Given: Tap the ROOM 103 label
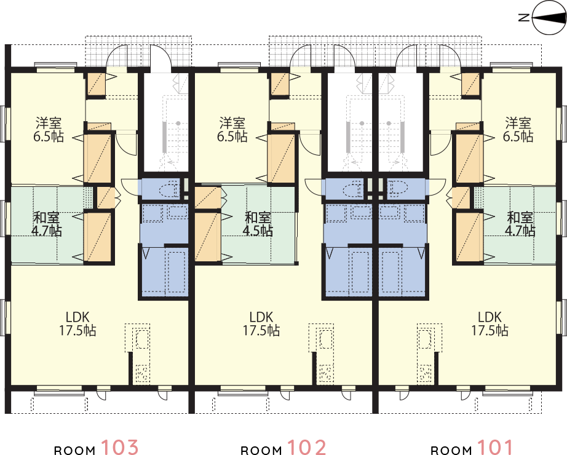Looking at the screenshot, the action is pyautogui.click(x=96, y=448).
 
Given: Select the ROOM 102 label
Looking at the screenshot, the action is pyautogui.click(x=283, y=448).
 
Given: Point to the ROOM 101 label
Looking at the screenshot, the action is pyautogui.click(x=472, y=448).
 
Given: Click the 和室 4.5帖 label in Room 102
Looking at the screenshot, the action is pyautogui.click(x=258, y=224).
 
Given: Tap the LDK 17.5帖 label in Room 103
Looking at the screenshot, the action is pyautogui.click(x=77, y=323).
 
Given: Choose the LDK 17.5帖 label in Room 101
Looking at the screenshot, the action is pyautogui.click(x=490, y=323).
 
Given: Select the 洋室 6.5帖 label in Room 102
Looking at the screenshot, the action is pyautogui.click(x=232, y=130).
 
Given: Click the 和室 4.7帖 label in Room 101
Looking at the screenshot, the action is pyautogui.click(x=520, y=224).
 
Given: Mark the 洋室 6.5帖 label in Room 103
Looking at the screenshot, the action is pyautogui.click(x=49, y=130).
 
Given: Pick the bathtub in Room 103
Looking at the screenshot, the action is pyautogui.click(x=176, y=271).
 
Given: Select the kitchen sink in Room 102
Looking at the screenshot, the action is pyautogui.click(x=324, y=339).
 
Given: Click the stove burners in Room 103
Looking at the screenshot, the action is pyautogui.click(x=142, y=373).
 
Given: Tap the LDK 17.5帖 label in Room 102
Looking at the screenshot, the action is pyautogui.click(x=261, y=323).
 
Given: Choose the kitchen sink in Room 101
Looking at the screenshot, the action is pyautogui.click(x=425, y=339).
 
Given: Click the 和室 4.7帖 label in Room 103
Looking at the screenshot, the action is pyautogui.click(x=47, y=224).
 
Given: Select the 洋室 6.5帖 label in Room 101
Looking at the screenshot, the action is pyautogui.click(x=518, y=130).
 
